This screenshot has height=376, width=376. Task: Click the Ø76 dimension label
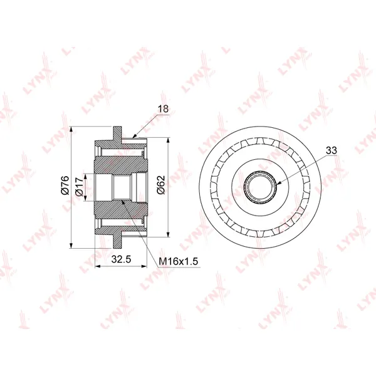click(x=65, y=185)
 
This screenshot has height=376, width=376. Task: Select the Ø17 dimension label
click(x=79, y=186)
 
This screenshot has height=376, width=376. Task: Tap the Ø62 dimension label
click(x=161, y=184)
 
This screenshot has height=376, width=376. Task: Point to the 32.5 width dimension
click(x=121, y=259)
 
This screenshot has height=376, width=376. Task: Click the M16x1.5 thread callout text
click(x=179, y=261)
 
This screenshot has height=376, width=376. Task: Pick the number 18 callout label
click(x=163, y=108)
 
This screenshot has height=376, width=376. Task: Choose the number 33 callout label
click(x=332, y=150)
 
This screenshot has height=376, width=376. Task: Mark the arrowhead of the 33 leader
click(x=278, y=184)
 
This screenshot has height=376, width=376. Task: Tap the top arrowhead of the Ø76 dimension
click(x=71, y=129)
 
